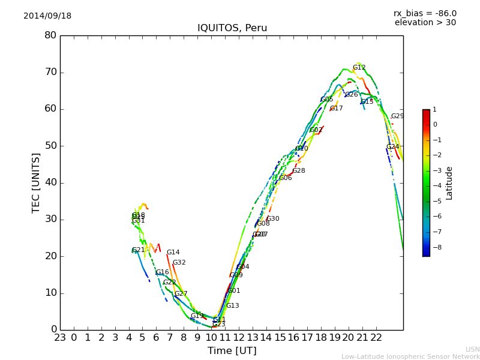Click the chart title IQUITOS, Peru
coord(232,28)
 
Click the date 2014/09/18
coord(47,16)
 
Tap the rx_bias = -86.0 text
coord(425,13)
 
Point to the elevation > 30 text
coord(425,23)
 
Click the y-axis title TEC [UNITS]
coord(36,182)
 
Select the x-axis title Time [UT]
coord(232,351)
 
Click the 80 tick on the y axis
coord(50,35)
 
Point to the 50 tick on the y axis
coord(50,146)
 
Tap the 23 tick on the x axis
coord(60,337)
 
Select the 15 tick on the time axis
coord(280,337)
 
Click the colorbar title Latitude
coord(449,183)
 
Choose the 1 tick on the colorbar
coord(434,110)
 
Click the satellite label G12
coord(359,68)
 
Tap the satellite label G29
coord(397,116)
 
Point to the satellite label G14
coord(173,253)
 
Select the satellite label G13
coord(232,306)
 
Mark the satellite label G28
coord(298,171)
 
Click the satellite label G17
coord(336,109)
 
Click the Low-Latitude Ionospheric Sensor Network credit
coord(410,357)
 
